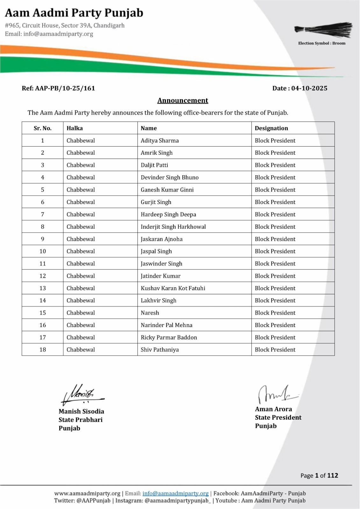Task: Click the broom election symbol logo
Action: tap(323, 30)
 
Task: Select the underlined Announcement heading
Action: tap(183, 101)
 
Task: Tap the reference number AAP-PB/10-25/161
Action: tap(58, 88)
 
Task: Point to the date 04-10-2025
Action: tap(309, 88)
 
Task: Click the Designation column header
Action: tap(271, 128)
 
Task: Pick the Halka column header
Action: tap(74, 128)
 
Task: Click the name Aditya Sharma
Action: tap(159, 141)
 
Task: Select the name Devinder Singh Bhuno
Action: tap(169, 178)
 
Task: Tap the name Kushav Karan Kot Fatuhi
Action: tap(173, 288)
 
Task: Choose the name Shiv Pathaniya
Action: tap(159, 350)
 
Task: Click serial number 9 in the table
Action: tap(43, 239)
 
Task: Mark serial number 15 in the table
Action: tap(43, 313)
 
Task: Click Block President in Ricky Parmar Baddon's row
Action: tap(275, 338)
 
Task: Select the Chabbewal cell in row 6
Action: tap(81, 202)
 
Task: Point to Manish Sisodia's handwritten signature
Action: tap(82, 394)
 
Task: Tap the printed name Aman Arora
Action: tap(273, 409)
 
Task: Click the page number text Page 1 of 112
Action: tap(319, 476)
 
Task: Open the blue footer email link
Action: tap(175, 493)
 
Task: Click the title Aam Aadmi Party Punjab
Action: tap(74, 13)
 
